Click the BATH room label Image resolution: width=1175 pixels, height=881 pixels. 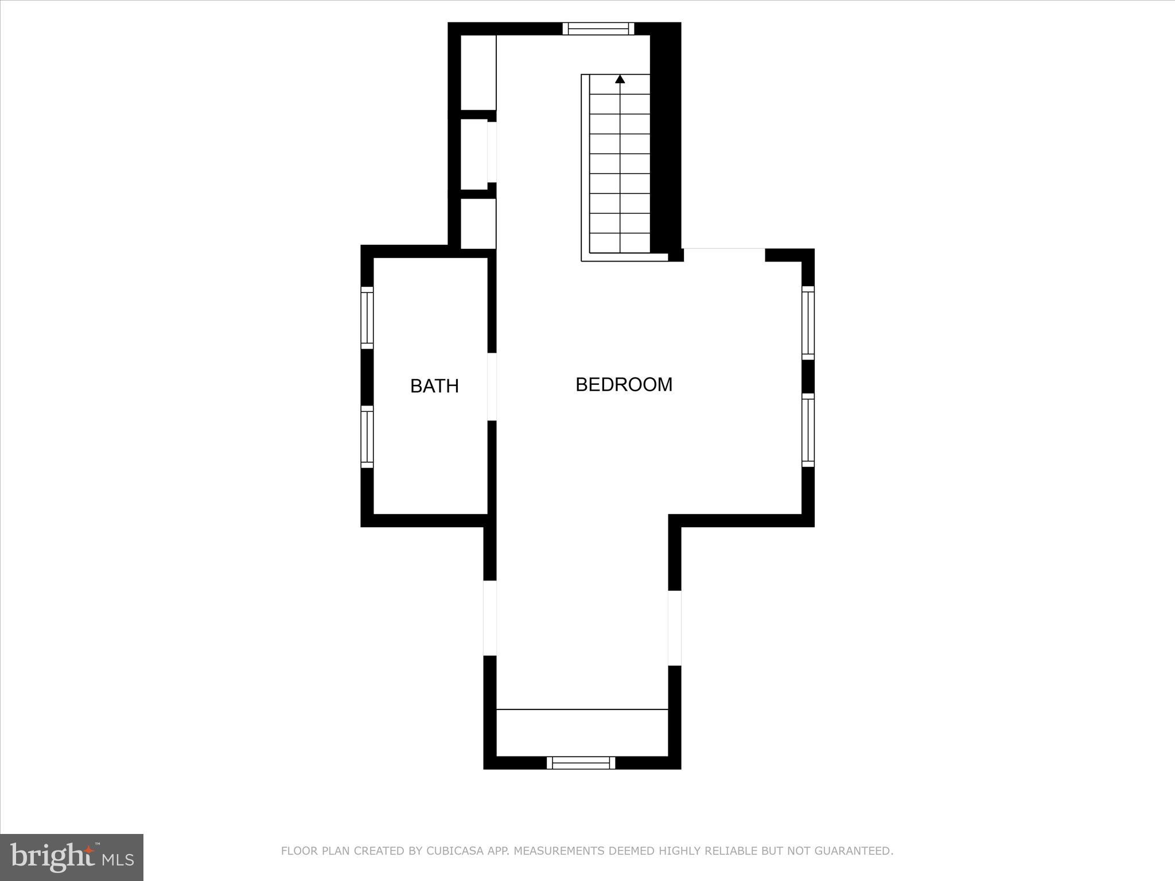[x=434, y=386]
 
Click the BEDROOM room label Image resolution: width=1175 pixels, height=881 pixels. [x=624, y=384]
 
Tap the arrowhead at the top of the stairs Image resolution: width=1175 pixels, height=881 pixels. [x=620, y=79]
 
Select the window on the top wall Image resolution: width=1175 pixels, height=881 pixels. [x=598, y=29]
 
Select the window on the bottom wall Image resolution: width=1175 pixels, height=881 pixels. [x=581, y=762]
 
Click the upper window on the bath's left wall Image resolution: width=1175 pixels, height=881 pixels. [x=367, y=317]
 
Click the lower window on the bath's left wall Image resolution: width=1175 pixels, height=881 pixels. [x=367, y=436]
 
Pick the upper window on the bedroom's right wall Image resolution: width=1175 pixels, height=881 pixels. [x=807, y=322]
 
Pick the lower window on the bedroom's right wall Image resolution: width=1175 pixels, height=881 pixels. [x=807, y=430]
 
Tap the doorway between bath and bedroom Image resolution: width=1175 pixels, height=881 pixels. [x=492, y=387]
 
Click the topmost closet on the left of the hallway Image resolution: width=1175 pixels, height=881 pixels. [x=478, y=72]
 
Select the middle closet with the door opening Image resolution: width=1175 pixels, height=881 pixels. [x=475, y=154]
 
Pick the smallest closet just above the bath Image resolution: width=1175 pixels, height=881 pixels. [x=478, y=224]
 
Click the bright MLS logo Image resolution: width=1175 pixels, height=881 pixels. [x=72, y=857]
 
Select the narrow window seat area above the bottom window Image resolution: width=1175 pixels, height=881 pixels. [x=582, y=732]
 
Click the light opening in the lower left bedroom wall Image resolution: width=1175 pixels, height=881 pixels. [x=489, y=618]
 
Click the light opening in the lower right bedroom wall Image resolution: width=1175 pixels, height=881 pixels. [x=675, y=628]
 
